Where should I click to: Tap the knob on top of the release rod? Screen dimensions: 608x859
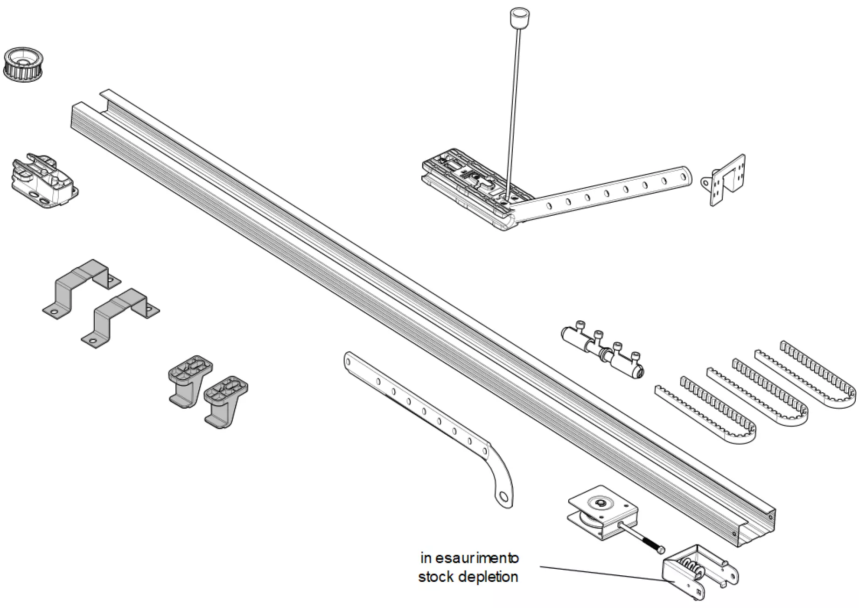517,18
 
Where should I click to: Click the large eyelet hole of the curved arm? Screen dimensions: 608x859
503,496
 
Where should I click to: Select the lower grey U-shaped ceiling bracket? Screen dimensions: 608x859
120,316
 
